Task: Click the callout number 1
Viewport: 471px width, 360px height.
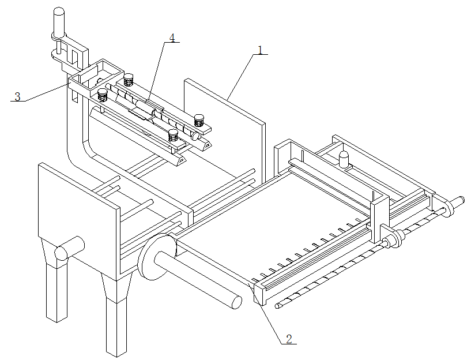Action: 260,50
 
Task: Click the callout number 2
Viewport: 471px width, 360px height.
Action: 289,339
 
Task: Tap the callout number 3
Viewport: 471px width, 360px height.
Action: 18,97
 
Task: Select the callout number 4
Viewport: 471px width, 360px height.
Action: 172,37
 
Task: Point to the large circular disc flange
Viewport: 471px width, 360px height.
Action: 156,256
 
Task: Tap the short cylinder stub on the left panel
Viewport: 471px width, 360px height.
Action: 69,248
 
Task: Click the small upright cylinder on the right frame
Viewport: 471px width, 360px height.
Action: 344,159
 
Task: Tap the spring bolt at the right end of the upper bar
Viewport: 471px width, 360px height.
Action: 199,120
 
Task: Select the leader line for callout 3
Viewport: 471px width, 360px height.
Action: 47,93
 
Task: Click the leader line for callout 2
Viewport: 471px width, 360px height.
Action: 266,312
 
